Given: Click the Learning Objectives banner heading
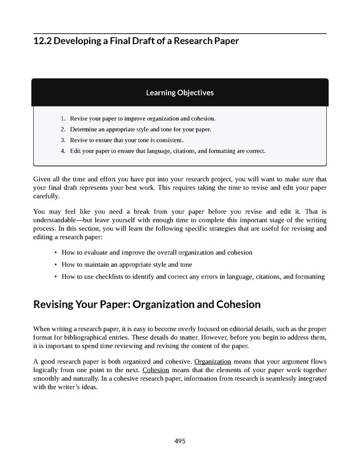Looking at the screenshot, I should (180, 92).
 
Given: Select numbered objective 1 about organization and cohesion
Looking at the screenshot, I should (142, 118).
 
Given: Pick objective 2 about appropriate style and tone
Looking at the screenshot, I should (140, 129).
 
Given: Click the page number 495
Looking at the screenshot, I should (180, 441).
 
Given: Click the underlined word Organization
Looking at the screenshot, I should (213, 362).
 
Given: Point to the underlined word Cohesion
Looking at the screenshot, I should (156, 369).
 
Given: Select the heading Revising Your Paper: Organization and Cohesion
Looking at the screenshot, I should (147, 305).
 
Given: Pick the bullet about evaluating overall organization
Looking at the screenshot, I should (157, 252).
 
